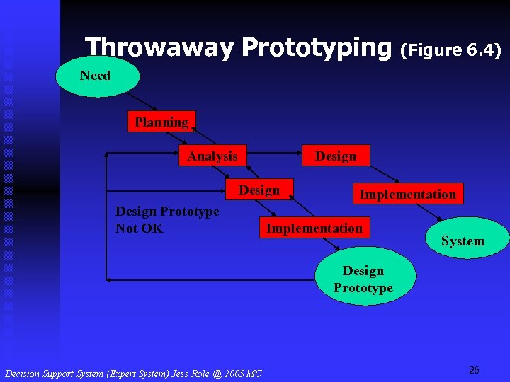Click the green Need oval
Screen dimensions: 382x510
95,76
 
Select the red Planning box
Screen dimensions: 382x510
161,122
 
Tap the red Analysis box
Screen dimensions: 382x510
212,156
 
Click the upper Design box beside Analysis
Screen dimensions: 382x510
336,156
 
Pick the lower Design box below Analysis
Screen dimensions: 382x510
259,190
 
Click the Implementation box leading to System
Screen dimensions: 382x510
408,194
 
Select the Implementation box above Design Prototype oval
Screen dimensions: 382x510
314,228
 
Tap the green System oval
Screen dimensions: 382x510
463,241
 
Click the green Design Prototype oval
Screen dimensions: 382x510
363,279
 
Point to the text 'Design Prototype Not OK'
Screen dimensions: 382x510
167,219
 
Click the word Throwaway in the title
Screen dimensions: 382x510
159,48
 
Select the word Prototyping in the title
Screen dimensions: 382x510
316,48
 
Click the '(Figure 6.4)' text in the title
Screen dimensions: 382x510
451,50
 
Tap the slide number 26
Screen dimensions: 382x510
474,370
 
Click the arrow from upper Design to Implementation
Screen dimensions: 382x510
382,175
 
